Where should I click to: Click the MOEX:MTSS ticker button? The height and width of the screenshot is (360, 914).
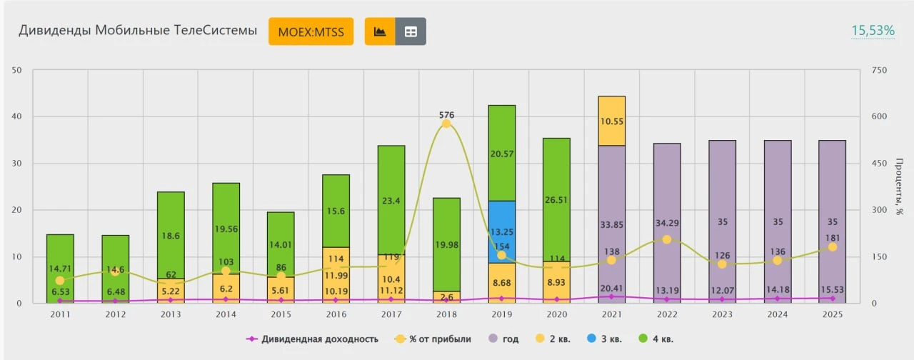[x=311, y=31]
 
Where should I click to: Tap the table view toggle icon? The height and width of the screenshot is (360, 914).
[x=411, y=31]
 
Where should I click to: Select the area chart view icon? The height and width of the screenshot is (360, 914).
[x=380, y=31]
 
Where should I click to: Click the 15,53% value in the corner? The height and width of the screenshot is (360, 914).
[x=873, y=30]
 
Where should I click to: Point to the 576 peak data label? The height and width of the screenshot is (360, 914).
[x=446, y=115]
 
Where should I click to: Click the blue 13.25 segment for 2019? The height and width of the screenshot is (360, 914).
[x=502, y=231]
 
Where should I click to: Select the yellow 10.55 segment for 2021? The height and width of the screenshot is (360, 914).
[x=612, y=121]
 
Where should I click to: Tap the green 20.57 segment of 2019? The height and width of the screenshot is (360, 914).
[x=502, y=153]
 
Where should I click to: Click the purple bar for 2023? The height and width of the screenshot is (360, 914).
[x=722, y=221]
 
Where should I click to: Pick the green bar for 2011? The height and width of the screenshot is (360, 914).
[x=61, y=269]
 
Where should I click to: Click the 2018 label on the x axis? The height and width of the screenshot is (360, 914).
[x=446, y=314]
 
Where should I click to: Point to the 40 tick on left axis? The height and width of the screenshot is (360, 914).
[x=16, y=116]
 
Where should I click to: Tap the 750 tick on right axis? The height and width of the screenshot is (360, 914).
[x=879, y=70]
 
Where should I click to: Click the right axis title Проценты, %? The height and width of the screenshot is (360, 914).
[x=898, y=186]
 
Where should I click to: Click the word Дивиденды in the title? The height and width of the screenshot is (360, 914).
[x=55, y=31]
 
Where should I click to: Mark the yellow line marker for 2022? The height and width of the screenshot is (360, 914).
[x=667, y=239]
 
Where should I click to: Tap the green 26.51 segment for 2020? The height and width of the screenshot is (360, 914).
[x=556, y=199]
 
